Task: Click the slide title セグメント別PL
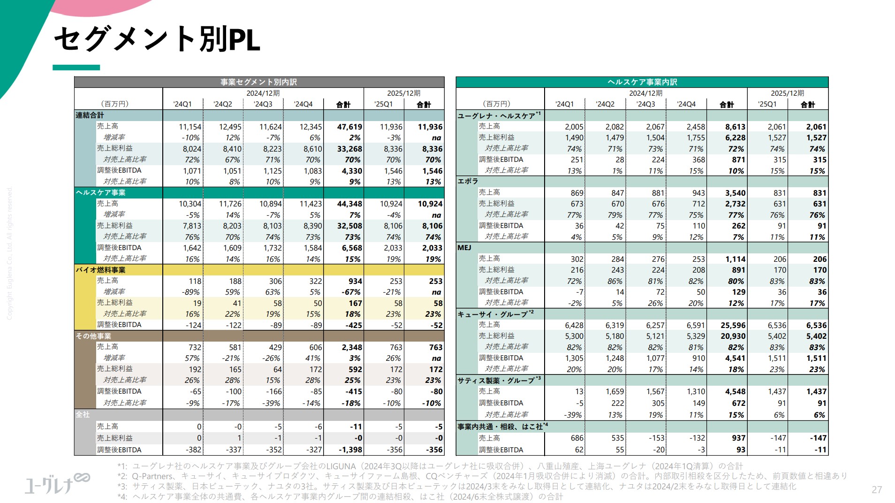(x=157, y=39)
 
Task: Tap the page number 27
(x=876, y=490)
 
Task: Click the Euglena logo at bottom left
(x=57, y=483)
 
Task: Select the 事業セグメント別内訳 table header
(x=258, y=82)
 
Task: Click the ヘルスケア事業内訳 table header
(x=642, y=82)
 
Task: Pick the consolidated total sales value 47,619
(x=349, y=127)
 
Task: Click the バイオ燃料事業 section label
(x=101, y=270)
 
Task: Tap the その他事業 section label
(x=94, y=336)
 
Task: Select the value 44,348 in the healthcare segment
(x=349, y=204)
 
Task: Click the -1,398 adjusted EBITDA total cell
(x=350, y=450)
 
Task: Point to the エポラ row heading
(x=468, y=181)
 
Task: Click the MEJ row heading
(x=464, y=247)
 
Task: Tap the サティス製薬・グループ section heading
(x=499, y=380)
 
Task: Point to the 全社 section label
(x=83, y=414)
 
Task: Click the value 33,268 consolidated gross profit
(x=349, y=149)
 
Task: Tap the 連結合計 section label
(x=90, y=115)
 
